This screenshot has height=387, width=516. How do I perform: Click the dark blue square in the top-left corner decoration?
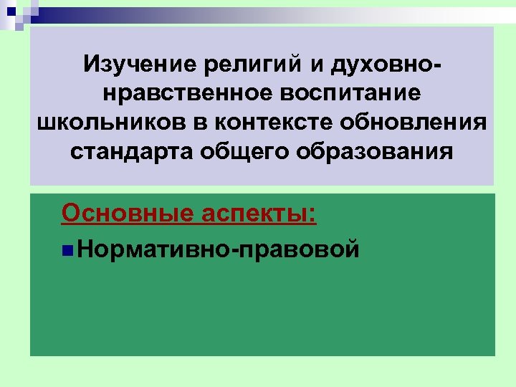click(11, 9)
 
